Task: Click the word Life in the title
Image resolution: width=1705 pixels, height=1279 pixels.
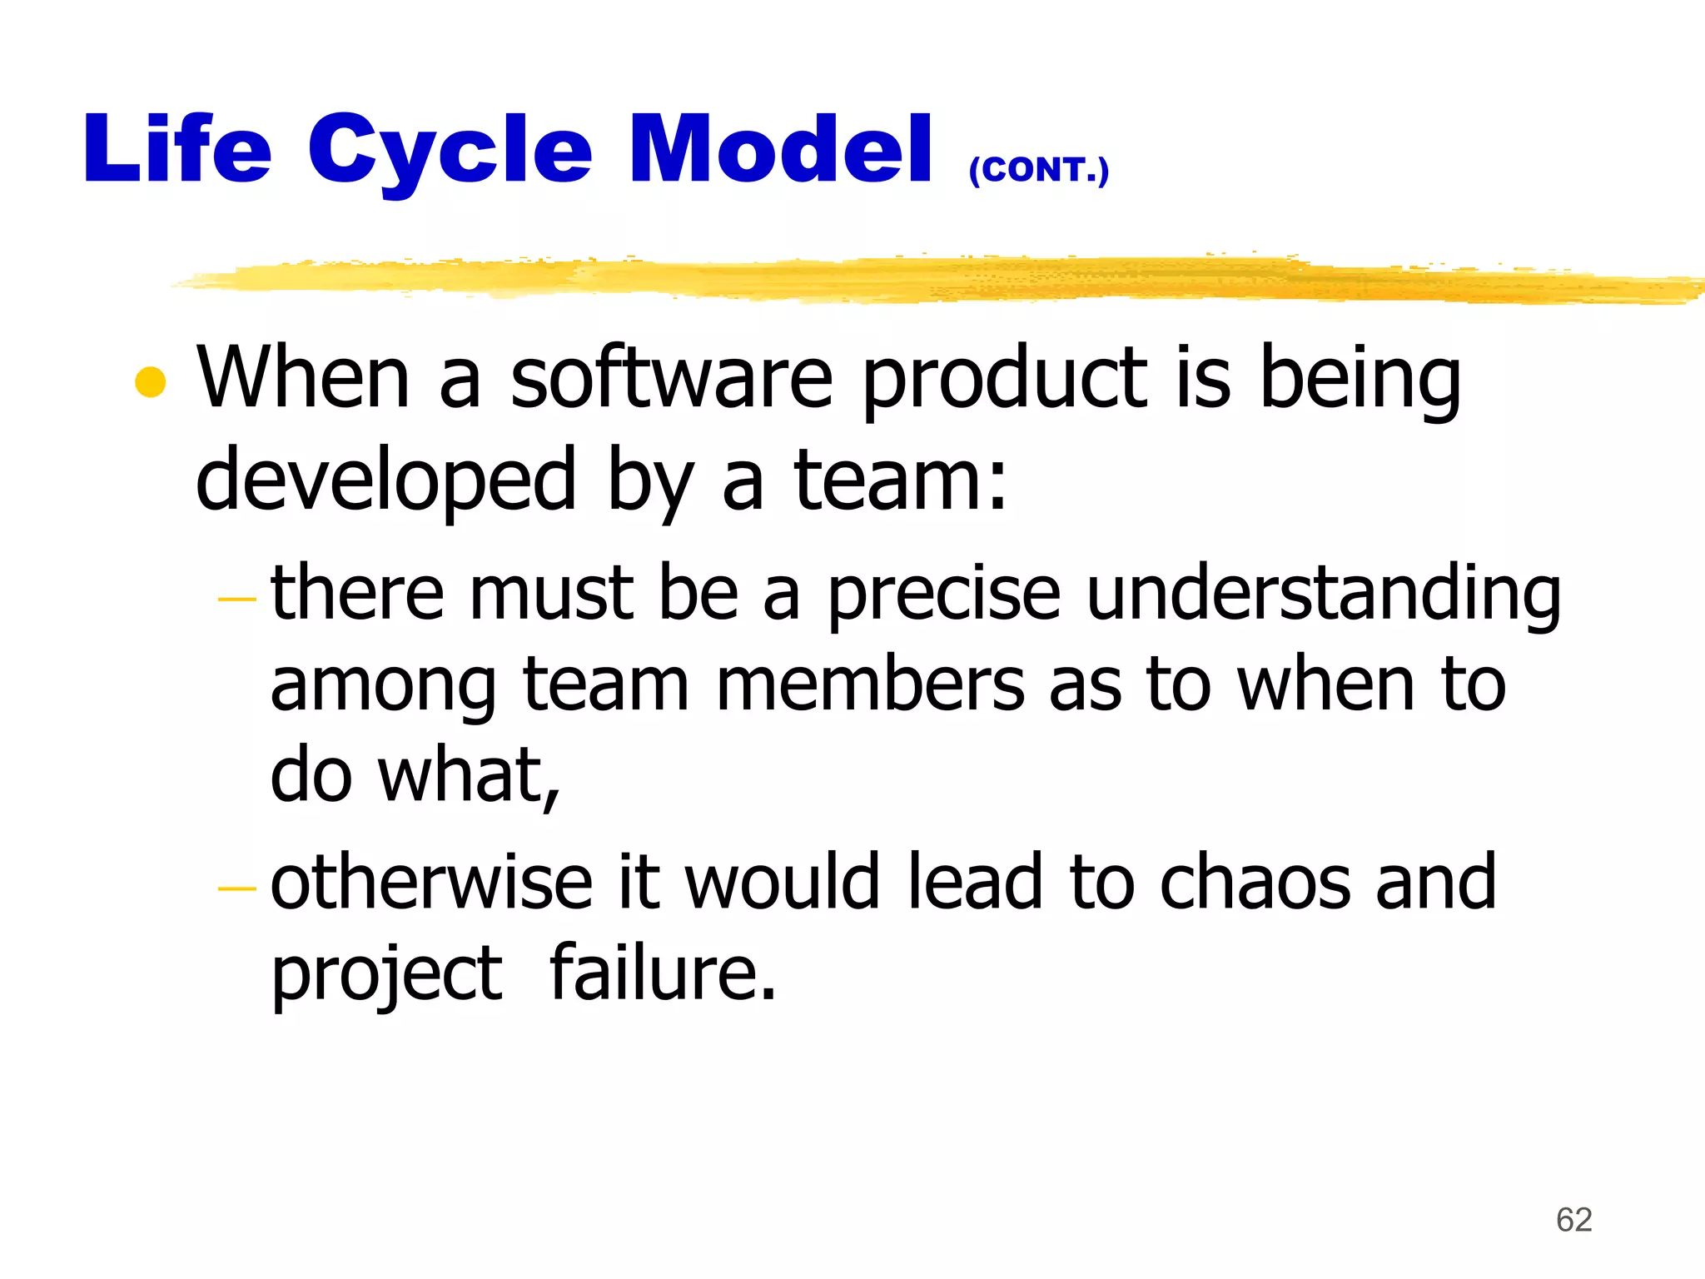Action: coord(177,150)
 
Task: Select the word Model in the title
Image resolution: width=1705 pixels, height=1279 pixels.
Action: coord(780,150)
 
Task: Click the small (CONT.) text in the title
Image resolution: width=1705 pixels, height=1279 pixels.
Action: coord(1039,171)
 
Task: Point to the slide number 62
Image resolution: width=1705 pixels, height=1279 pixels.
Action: coord(1573,1220)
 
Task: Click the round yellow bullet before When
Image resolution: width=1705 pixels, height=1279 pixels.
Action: coord(151,382)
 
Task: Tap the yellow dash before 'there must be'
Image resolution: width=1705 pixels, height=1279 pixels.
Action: coord(236,599)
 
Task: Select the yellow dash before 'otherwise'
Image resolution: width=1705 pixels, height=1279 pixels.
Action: coord(236,888)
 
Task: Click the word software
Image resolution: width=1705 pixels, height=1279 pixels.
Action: coord(671,379)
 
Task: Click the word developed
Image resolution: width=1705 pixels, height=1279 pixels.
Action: coord(385,481)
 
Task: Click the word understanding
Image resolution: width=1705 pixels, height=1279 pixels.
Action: coord(1324,593)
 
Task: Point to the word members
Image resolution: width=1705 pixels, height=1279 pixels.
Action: coord(870,684)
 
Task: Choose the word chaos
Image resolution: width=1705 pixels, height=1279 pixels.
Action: coord(1254,883)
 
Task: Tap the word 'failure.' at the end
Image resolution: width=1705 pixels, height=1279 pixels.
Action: coord(663,973)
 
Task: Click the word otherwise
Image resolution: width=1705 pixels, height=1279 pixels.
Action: coord(431,883)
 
